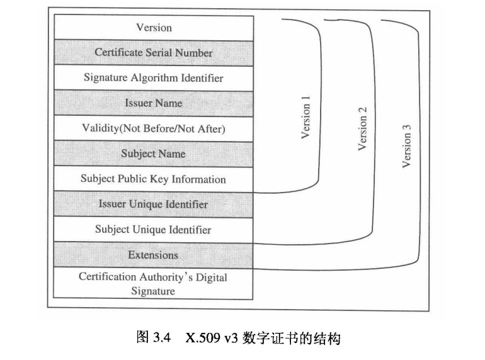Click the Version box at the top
click(x=153, y=28)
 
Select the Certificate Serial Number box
click(x=153, y=53)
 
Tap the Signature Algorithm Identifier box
click(x=153, y=78)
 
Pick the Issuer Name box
click(x=153, y=103)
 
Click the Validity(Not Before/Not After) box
click(x=153, y=128)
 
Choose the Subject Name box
click(x=153, y=154)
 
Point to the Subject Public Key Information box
click(x=153, y=179)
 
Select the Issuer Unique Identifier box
click(x=153, y=205)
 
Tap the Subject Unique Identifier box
click(x=153, y=230)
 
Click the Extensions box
click(x=153, y=255)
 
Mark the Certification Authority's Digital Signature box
click(x=153, y=283)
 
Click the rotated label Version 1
click(x=306, y=118)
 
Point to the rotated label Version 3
click(x=407, y=147)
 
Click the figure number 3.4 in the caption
click(x=163, y=337)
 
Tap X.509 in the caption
click(x=200, y=337)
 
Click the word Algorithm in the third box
click(x=150, y=78)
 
